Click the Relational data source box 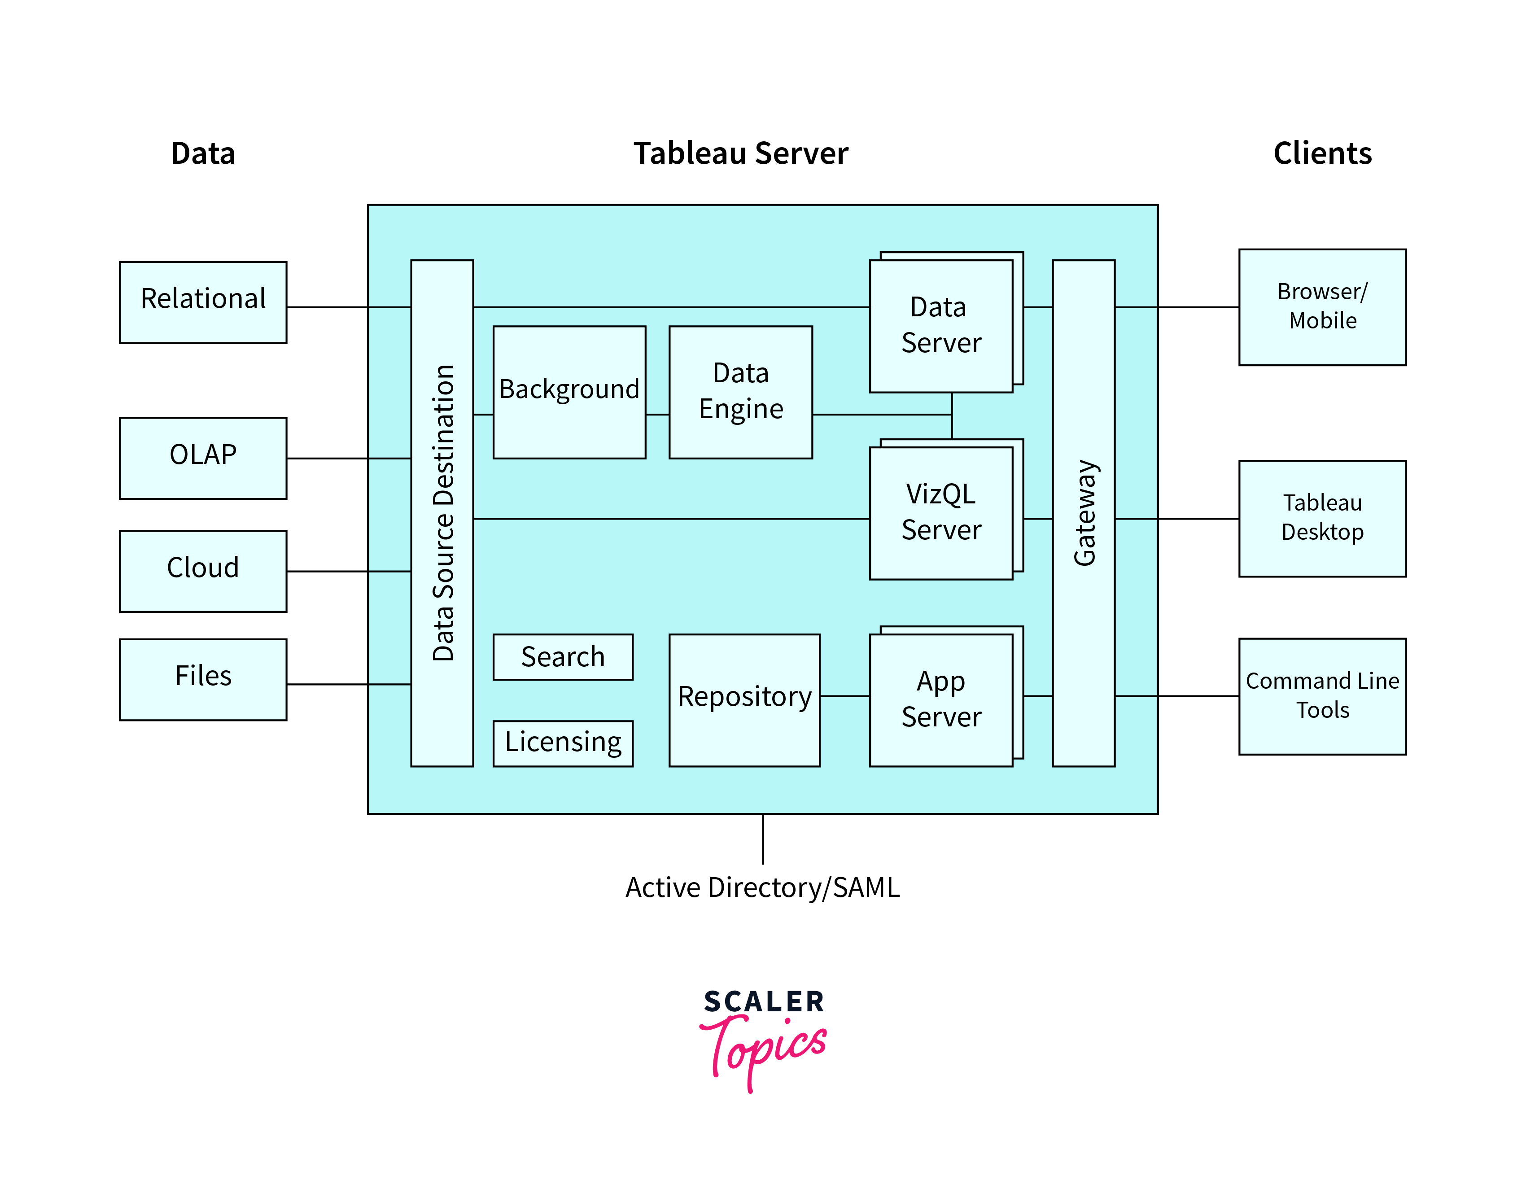(203, 302)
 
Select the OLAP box (203, 458)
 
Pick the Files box (203, 679)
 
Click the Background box (569, 392)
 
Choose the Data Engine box (741, 392)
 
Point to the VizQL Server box (940, 513)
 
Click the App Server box (940, 699)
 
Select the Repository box (744, 699)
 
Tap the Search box (563, 657)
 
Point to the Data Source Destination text (443, 513)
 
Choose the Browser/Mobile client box (1322, 307)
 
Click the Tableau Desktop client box (1322, 518)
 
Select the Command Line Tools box (1322, 696)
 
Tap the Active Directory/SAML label (762, 887)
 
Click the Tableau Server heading (741, 153)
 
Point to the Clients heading (1322, 153)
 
